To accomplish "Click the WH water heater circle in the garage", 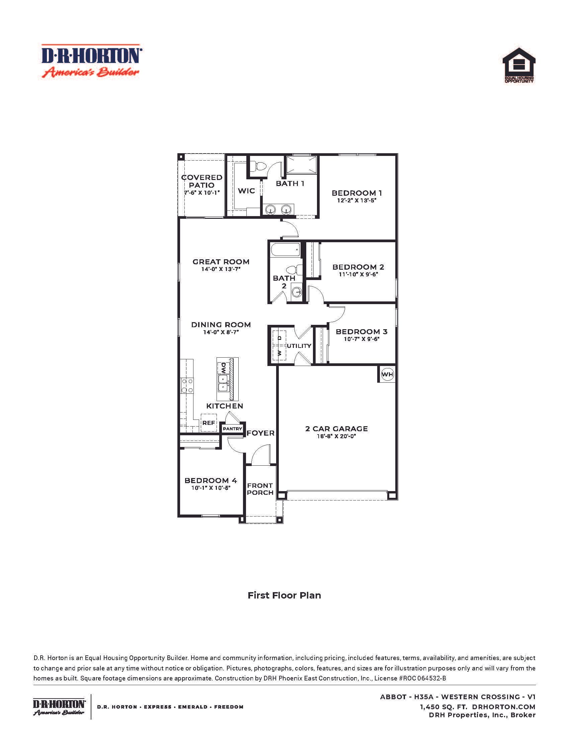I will click(x=387, y=374).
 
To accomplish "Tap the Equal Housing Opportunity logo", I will click(x=519, y=65).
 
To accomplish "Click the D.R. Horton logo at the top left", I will click(x=91, y=61).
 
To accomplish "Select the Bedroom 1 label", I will click(x=357, y=193).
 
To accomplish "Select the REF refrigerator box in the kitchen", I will click(x=209, y=423).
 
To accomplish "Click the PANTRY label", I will click(x=232, y=429).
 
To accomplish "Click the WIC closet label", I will click(x=246, y=191).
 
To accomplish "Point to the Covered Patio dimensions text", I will click(x=202, y=193).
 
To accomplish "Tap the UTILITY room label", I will click(x=299, y=346).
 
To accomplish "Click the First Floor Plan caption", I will click(x=284, y=595).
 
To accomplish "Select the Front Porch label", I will click(x=260, y=489).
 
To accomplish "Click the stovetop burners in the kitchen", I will click(x=187, y=386).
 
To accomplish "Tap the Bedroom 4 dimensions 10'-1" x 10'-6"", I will click(x=211, y=488).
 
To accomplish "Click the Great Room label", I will click(x=221, y=262).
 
